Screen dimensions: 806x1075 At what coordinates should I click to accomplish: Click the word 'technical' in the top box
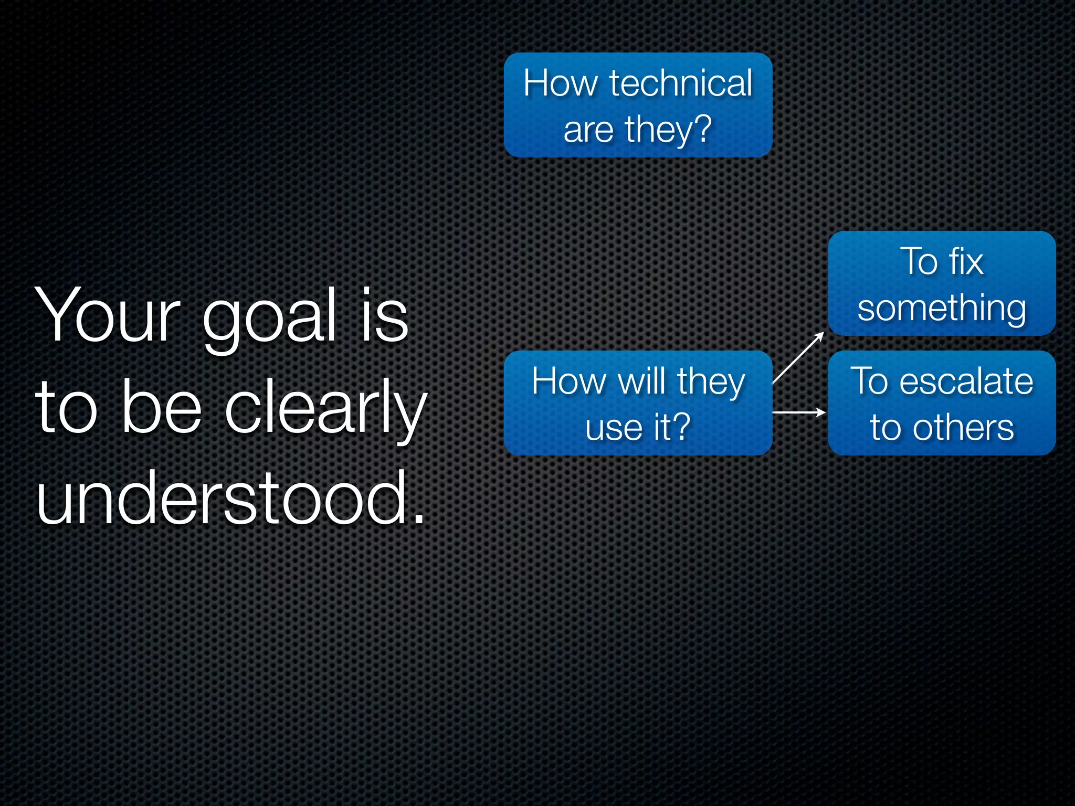point(681,83)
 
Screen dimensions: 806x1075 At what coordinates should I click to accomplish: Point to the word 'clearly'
point(325,408)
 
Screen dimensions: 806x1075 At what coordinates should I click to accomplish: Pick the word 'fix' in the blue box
point(966,261)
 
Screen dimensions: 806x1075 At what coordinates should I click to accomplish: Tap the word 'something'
point(942,308)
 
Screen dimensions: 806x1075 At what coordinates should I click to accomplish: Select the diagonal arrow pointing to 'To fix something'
point(798,358)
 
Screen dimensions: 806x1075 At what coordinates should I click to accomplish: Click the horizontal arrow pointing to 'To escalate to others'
point(799,413)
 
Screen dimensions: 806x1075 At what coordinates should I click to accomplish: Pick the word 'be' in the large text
point(161,408)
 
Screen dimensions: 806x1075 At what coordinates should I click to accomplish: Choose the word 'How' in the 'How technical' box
point(561,83)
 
